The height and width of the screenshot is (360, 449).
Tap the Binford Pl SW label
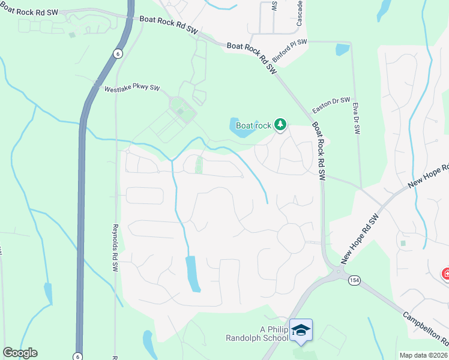289,52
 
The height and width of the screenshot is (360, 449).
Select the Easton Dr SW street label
331,106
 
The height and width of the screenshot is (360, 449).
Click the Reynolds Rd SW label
115,248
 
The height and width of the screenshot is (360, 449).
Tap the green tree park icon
279,125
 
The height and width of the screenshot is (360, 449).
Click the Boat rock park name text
253,125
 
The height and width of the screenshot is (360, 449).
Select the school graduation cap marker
301,330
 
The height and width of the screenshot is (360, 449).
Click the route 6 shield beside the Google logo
77,356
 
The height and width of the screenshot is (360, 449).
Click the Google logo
20,353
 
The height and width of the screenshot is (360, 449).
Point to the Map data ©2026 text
423,355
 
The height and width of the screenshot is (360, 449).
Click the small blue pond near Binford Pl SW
343,49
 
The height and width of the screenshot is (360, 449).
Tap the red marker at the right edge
446,274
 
